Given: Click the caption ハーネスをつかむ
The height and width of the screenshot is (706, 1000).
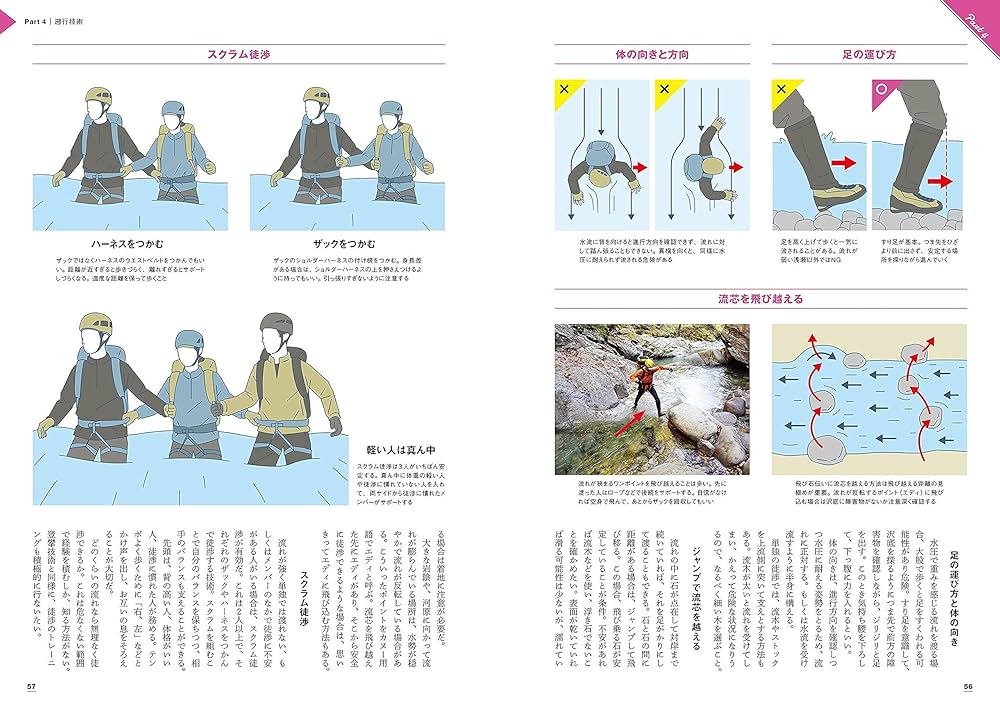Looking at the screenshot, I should [x=127, y=243].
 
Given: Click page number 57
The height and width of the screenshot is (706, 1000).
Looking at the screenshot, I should [x=31, y=686].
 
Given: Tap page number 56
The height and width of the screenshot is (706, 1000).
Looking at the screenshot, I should [x=967, y=686].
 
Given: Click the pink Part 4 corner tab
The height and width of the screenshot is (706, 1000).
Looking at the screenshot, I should [x=975, y=18].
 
